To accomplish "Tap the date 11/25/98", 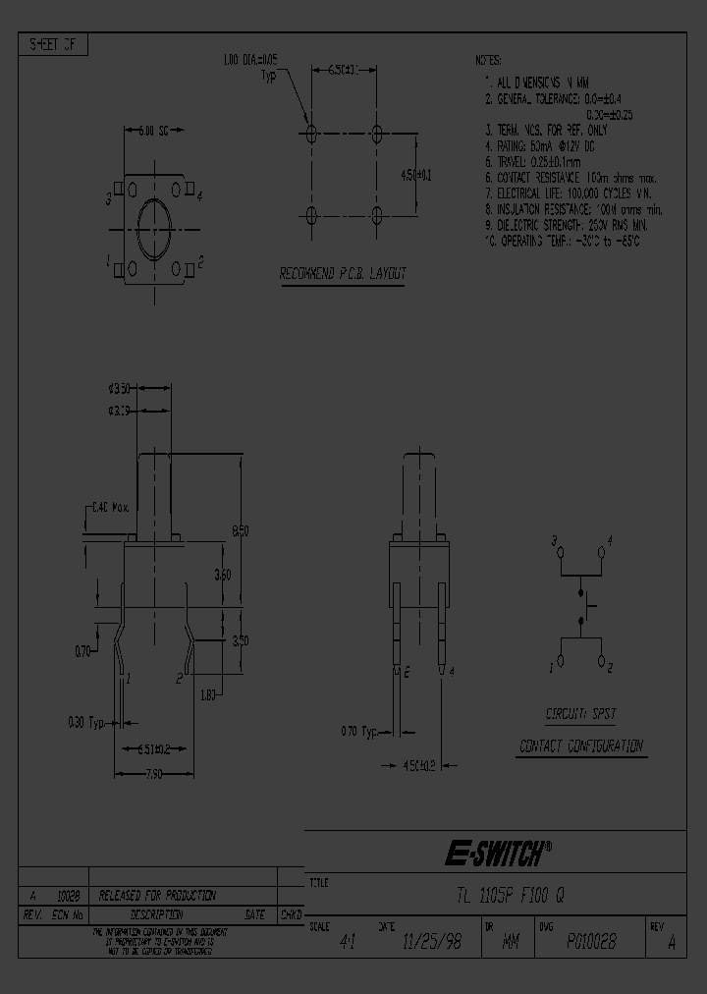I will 434,942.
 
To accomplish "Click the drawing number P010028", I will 591,942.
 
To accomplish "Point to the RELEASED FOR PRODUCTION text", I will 157,895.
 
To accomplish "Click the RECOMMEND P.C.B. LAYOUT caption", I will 343,274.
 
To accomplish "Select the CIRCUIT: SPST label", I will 580,714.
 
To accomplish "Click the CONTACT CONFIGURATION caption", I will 580,746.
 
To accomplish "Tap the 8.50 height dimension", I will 240,530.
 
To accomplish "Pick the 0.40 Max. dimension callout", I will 109,508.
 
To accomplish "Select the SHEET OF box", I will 54,45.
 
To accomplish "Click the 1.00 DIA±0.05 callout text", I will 251,61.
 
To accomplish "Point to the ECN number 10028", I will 68,896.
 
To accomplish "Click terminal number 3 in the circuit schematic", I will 555,541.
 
